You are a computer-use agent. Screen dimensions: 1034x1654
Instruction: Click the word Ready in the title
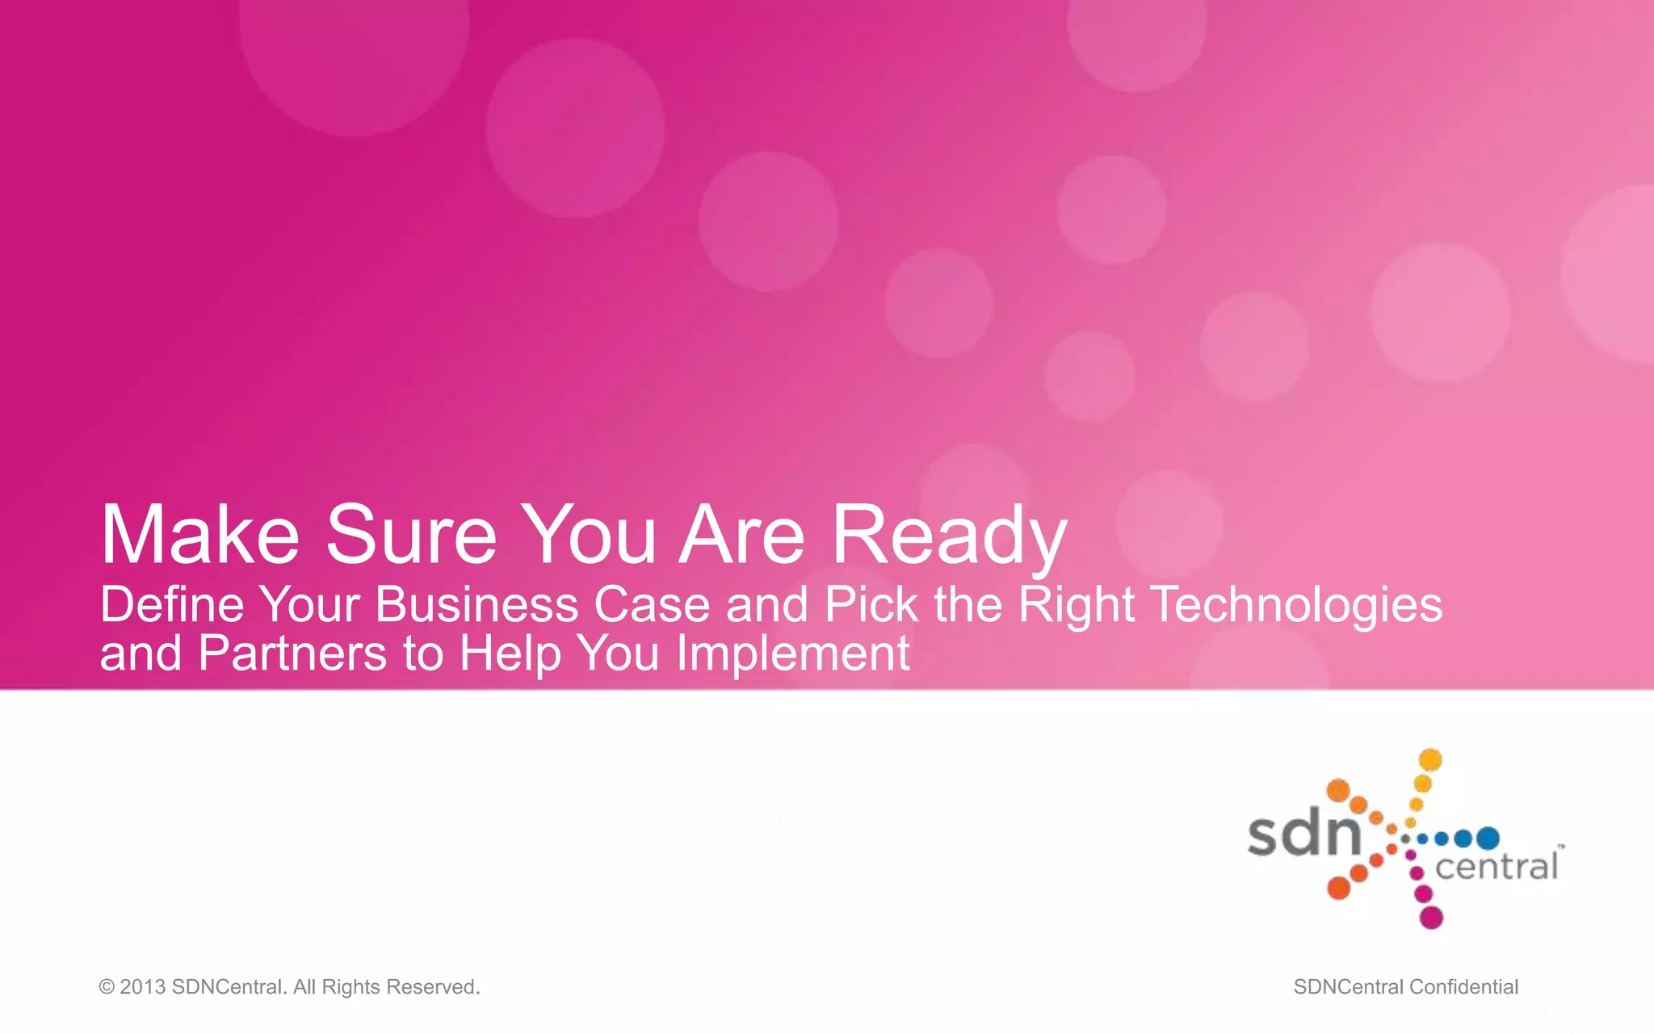coord(950,536)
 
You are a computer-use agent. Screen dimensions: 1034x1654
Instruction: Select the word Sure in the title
coord(411,536)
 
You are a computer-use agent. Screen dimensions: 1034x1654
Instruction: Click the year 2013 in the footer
coord(142,987)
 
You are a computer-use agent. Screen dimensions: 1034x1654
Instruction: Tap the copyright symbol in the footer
coord(107,987)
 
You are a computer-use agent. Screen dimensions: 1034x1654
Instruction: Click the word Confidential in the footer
coord(1463,987)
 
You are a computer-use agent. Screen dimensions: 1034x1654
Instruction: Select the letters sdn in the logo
coord(1304,835)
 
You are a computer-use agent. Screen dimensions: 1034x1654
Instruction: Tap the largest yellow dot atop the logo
coord(1430,760)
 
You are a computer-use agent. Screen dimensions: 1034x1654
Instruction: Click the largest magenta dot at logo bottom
coord(1431,918)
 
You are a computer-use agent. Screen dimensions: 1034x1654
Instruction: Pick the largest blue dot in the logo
coord(1488,839)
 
